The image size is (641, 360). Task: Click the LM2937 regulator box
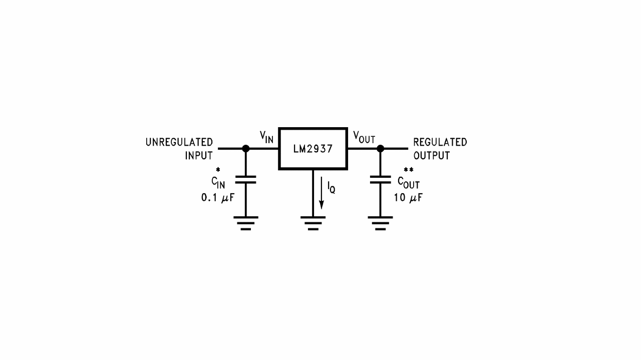click(x=313, y=149)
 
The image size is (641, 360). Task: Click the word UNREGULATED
click(x=179, y=142)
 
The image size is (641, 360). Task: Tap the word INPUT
click(x=199, y=155)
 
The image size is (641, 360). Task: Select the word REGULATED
click(x=440, y=142)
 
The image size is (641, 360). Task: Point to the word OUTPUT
click(x=431, y=155)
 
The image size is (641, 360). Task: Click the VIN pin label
click(x=266, y=137)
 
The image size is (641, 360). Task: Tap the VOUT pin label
click(x=364, y=137)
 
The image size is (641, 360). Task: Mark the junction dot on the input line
click(x=245, y=149)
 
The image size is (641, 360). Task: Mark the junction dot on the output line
click(x=380, y=149)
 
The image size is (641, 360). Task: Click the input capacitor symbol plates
click(x=245, y=179)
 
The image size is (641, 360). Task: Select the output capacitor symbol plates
click(x=380, y=179)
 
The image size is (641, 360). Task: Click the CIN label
click(x=218, y=182)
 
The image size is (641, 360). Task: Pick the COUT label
click(x=408, y=182)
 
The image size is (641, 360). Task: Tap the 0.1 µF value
click(x=217, y=198)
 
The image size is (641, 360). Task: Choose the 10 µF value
click(x=408, y=198)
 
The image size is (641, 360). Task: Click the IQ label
click(x=331, y=188)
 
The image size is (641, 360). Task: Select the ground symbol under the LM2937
click(x=313, y=223)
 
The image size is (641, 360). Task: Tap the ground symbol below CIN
click(x=245, y=223)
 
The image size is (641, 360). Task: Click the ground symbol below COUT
click(x=380, y=223)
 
